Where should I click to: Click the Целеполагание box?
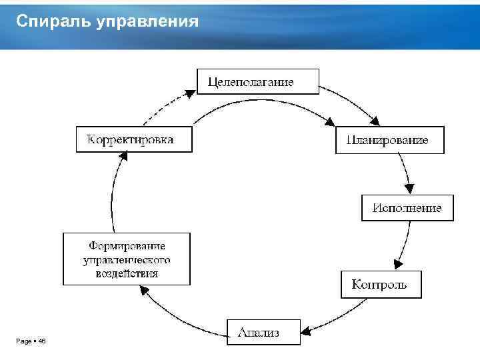pyautogui.click(x=258, y=81)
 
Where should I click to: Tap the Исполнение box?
pyautogui.click(x=407, y=207)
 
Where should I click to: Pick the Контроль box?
pyautogui.click(x=381, y=285)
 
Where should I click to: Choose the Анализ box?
pyautogui.click(x=263, y=331)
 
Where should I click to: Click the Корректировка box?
pyautogui.click(x=134, y=139)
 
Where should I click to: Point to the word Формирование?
pyautogui.click(x=127, y=247)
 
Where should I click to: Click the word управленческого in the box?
pyautogui.click(x=127, y=259)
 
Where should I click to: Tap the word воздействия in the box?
pyautogui.click(x=127, y=273)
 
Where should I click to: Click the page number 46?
pyautogui.click(x=42, y=341)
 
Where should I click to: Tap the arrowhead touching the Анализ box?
pyautogui.click(x=307, y=329)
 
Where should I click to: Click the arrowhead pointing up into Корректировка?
pyautogui.click(x=122, y=156)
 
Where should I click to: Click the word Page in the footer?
pyautogui.click(x=23, y=341)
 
